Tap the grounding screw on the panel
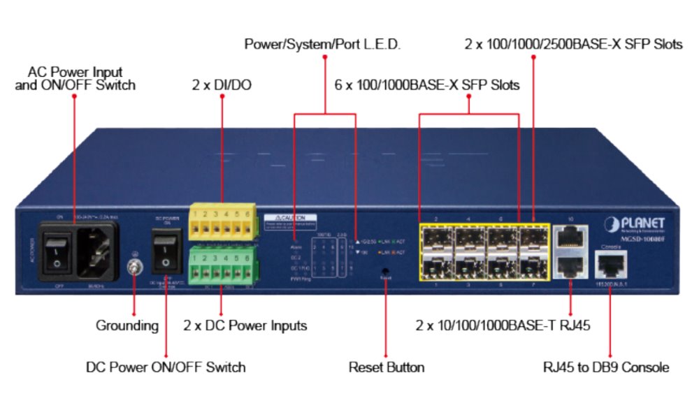click(134, 267)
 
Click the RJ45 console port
click(610, 265)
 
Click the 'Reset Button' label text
click(387, 367)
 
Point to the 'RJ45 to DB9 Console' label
click(606, 367)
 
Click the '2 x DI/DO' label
click(222, 85)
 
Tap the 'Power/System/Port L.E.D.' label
click(322, 45)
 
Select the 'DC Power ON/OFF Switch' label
click(166, 367)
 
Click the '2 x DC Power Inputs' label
click(245, 325)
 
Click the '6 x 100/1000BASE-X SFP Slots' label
click(427, 85)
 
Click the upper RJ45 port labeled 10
click(570, 238)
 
